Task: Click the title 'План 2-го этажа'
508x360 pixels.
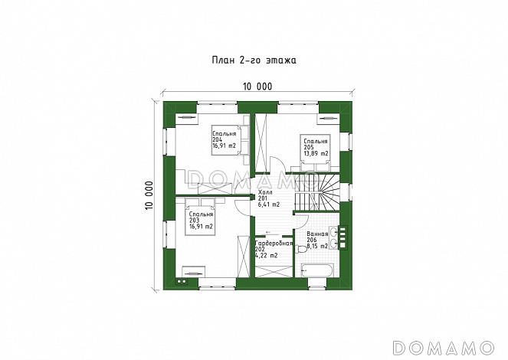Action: coord(254,61)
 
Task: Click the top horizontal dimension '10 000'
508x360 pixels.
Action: coord(257,87)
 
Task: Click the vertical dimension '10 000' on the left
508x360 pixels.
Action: coord(149,195)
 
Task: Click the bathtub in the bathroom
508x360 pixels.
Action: coord(317,270)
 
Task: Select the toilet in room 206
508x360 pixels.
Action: coord(301,249)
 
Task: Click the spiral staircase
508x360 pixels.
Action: coord(317,192)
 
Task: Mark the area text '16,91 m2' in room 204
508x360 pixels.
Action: coord(225,146)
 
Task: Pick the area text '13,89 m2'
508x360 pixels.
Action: coord(316,154)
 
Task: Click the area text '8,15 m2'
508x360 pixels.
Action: coord(317,246)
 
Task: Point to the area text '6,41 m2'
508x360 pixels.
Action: coord(269,205)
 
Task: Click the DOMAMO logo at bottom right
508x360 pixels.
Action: coord(443,348)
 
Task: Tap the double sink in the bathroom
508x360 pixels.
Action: coord(334,237)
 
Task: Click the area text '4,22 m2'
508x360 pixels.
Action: coord(267,255)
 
